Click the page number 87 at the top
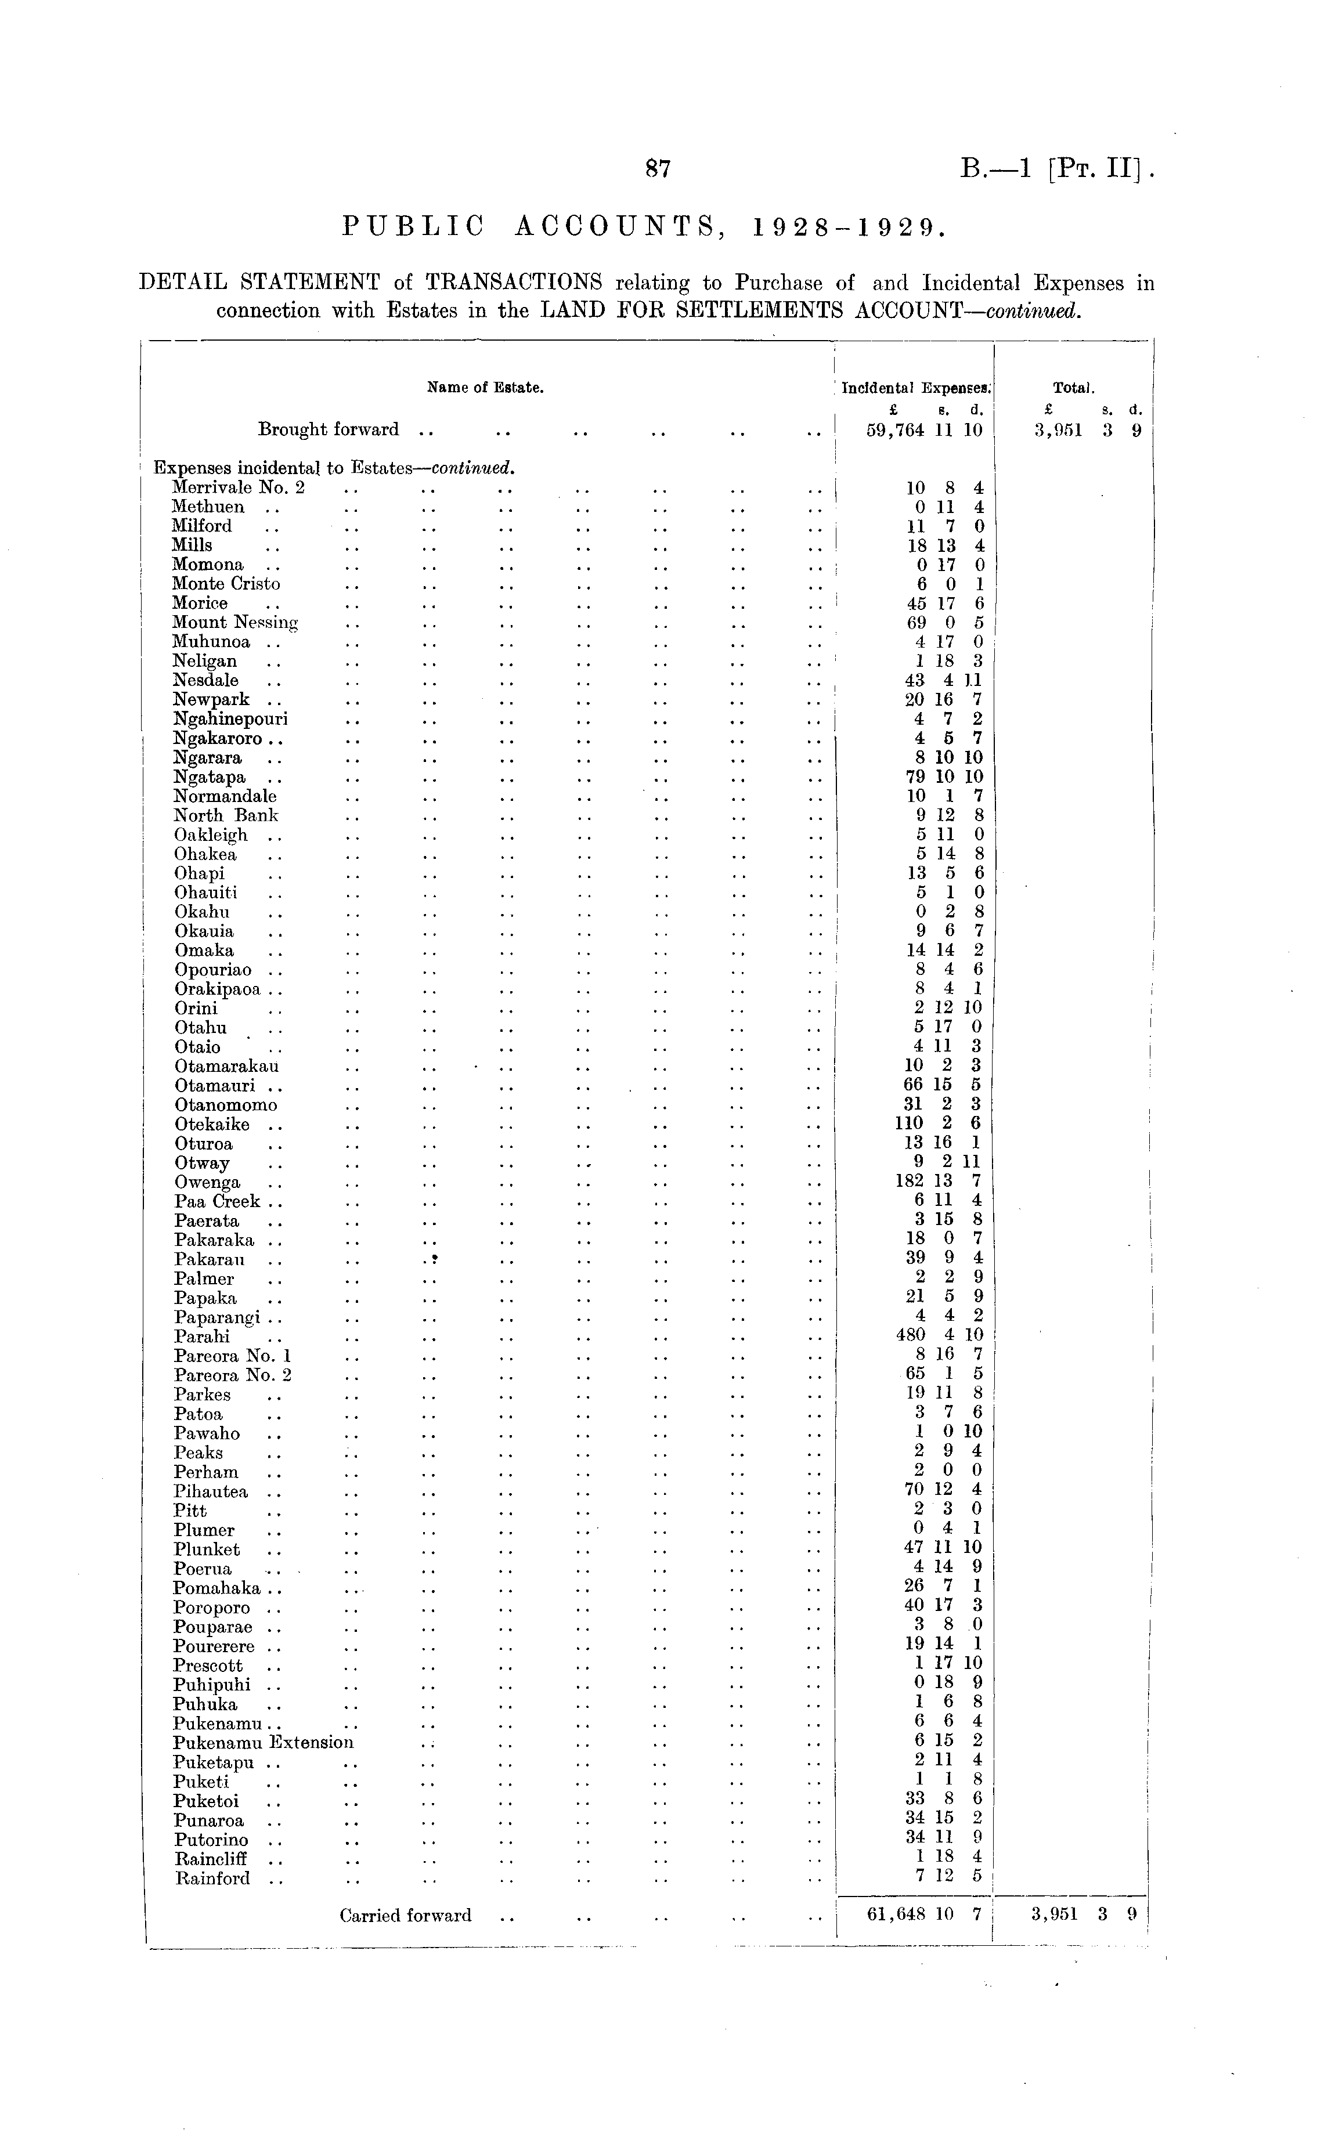click(657, 169)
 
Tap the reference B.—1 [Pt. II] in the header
click(1058, 168)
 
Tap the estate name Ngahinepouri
click(230, 719)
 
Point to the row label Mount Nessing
click(235, 622)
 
